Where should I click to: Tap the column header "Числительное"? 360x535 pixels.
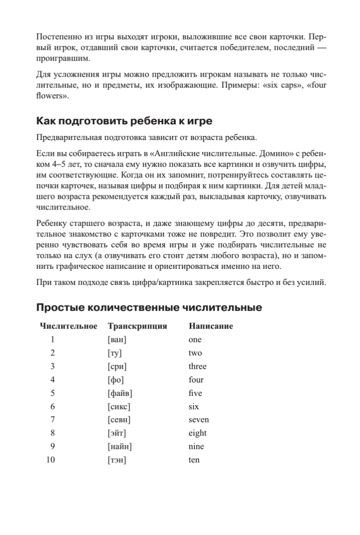pyautogui.click(x=69, y=326)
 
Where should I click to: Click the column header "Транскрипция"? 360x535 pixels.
pyautogui.click(x=137, y=326)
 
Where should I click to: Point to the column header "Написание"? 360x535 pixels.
pyautogui.click(x=211, y=326)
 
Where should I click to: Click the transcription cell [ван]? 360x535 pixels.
pyautogui.click(x=117, y=340)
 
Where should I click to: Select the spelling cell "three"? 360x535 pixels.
pyautogui.click(x=197, y=366)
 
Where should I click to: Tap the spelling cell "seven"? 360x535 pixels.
pyautogui.click(x=198, y=420)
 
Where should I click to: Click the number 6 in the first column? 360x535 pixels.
pyautogui.click(x=53, y=407)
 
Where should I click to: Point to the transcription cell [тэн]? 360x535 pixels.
pyautogui.click(x=117, y=460)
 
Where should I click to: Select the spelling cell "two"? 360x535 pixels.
pyautogui.click(x=195, y=353)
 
